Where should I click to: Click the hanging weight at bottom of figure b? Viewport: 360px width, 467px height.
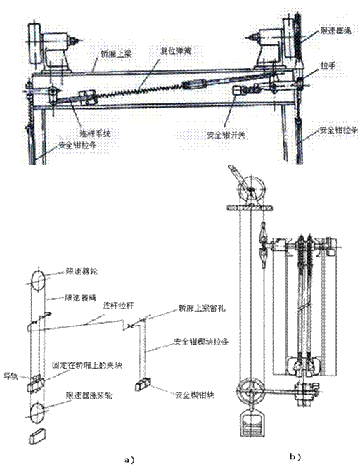(251, 427)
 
